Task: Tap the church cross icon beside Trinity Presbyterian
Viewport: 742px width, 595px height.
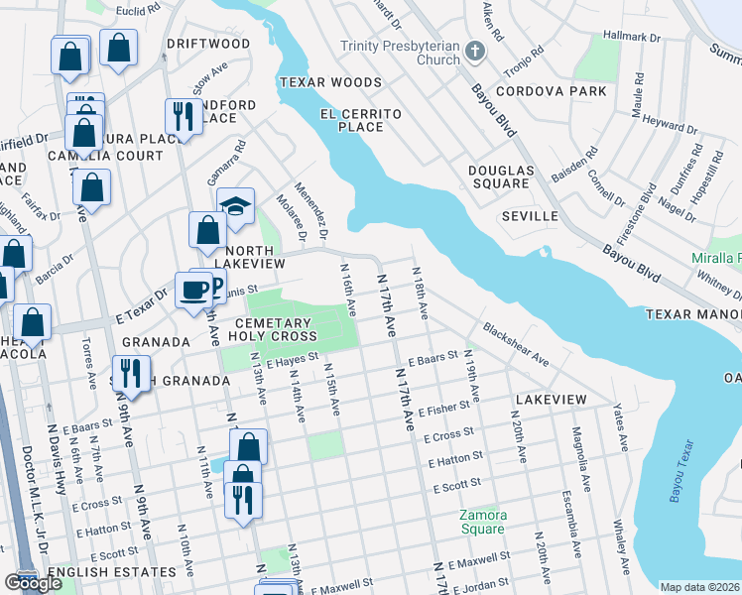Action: click(475, 50)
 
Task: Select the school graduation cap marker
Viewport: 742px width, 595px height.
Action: click(235, 206)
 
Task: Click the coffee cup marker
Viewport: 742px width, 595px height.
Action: click(193, 290)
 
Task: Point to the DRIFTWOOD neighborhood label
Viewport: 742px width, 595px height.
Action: click(208, 44)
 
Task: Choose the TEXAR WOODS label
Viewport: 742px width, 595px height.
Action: click(330, 82)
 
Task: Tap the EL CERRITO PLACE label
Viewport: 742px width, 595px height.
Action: click(360, 120)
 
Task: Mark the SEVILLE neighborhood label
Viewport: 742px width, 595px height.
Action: click(530, 215)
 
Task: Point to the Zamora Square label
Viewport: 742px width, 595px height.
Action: click(483, 522)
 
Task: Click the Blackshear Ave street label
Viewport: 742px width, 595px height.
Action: click(516, 342)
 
